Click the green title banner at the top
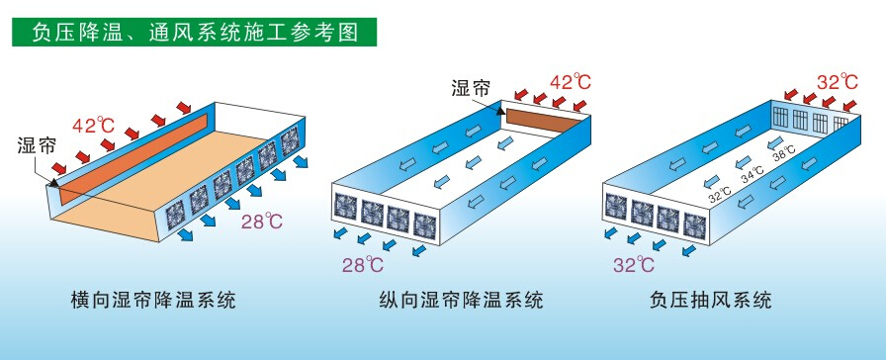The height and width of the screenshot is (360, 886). click(x=194, y=33)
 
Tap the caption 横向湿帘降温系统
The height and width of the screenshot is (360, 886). click(x=153, y=300)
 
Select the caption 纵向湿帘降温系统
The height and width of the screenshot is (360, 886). click(x=461, y=300)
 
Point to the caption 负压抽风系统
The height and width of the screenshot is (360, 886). click(x=710, y=300)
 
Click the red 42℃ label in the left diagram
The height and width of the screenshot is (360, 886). click(x=94, y=125)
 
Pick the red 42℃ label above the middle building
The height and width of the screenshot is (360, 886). click(x=571, y=82)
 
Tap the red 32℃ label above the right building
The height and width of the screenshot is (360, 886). click(x=838, y=82)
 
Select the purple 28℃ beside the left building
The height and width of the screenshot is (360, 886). click(x=262, y=221)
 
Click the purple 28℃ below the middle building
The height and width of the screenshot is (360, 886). click(x=363, y=264)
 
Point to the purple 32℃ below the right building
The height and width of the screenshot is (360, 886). click(x=634, y=264)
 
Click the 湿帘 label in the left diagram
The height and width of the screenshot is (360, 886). click(x=37, y=145)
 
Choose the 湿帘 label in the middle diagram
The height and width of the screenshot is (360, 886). click(x=470, y=88)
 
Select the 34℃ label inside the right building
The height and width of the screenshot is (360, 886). click(x=753, y=172)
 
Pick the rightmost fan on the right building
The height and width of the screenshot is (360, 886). click(x=694, y=225)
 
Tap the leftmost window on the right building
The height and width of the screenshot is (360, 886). click(x=780, y=118)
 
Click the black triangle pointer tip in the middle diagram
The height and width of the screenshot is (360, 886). click(x=500, y=111)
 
